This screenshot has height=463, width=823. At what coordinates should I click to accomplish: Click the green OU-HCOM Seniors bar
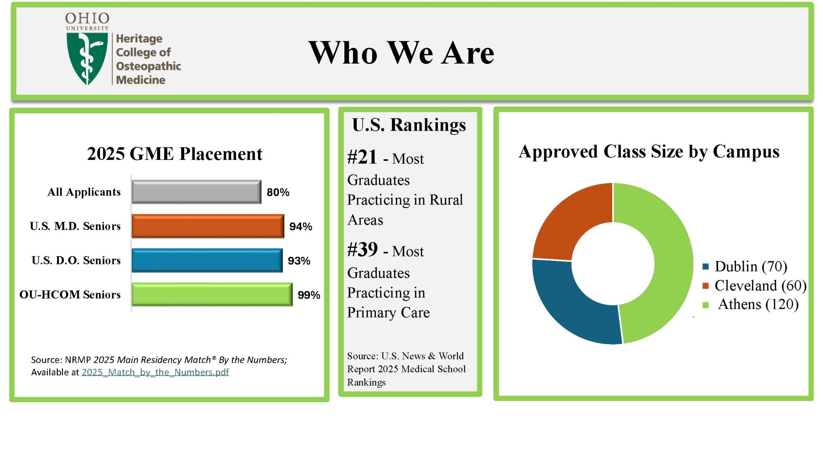[x=212, y=295]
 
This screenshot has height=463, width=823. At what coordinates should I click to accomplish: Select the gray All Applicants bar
[x=197, y=192]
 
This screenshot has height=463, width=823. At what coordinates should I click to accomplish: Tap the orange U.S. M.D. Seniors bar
[x=208, y=226]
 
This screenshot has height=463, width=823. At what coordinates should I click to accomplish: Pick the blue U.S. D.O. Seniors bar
[x=207, y=260]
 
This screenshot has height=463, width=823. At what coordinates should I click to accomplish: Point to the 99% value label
[x=309, y=295]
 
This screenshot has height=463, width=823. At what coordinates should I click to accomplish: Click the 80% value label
[x=278, y=192]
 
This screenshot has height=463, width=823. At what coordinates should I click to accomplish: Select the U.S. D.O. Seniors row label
[x=76, y=260]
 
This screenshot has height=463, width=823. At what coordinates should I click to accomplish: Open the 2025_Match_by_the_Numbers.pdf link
[x=155, y=372]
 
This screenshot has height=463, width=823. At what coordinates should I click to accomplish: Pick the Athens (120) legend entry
[x=751, y=304]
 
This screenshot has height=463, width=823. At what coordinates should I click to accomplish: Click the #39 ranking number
[x=362, y=249]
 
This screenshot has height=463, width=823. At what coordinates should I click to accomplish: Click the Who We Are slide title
[x=401, y=52]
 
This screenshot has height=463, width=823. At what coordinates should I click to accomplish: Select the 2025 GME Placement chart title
[x=175, y=154]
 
